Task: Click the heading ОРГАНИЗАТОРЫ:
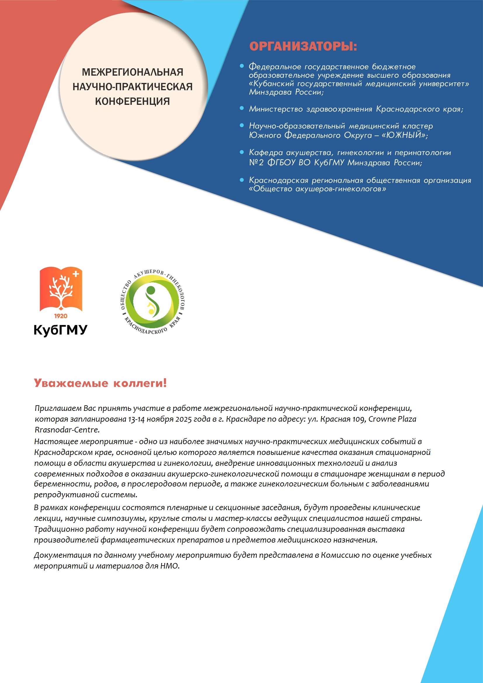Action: tap(303, 46)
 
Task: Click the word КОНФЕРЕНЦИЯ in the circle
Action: tap(132, 101)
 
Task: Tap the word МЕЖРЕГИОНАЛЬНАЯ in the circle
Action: tap(132, 72)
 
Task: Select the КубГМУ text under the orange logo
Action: tap(60, 330)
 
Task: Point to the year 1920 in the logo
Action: tap(61, 316)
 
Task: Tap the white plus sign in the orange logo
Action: tap(76, 274)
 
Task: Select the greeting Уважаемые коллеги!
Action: tap(100, 383)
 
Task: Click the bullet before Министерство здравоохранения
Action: tap(242, 108)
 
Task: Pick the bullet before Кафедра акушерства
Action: tap(242, 152)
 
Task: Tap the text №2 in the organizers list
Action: tap(256, 162)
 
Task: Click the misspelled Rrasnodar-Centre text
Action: tap(67, 430)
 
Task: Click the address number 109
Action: tap(359, 419)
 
